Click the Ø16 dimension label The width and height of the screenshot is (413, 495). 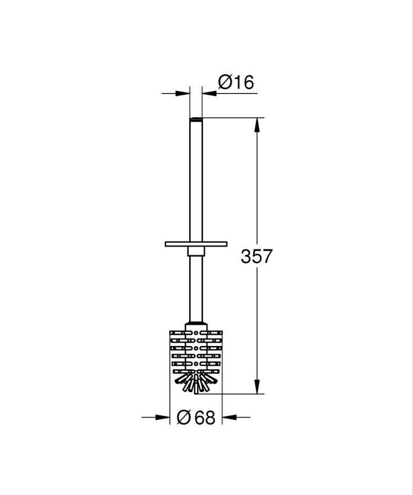pyautogui.click(x=236, y=82)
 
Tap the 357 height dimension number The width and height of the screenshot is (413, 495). pyautogui.click(x=256, y=256)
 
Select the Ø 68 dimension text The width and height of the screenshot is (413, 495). pyautogui.click(x=196, y=417)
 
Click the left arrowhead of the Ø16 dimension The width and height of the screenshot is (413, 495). pyautogui.click(x=183, y=94)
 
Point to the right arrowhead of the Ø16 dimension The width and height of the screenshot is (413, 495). pyautogui.click(x=210, y=94)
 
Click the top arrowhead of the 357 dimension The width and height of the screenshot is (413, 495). pyautogui.click(x=257, y=125)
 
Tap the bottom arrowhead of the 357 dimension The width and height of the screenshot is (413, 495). pyautogui.click(x=257, y=387)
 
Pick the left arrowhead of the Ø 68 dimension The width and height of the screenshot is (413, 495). pyautogui.click(x=163, y=417)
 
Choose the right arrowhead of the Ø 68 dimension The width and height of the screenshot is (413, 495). pyautogui.click(x=229, y=417)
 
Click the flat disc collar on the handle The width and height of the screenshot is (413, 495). pyautogui.click(x=196, y=244)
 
